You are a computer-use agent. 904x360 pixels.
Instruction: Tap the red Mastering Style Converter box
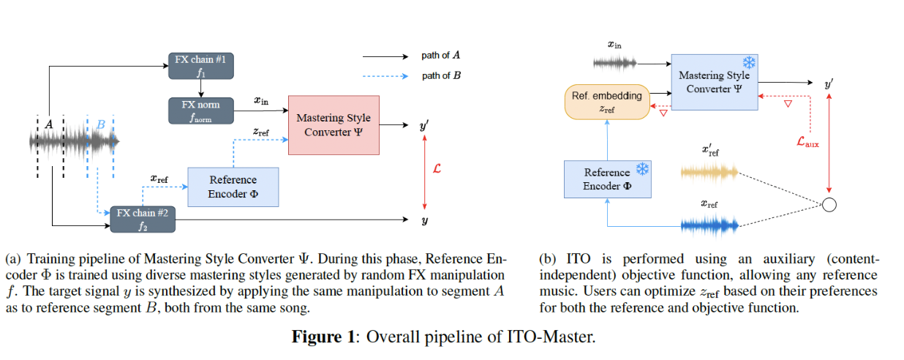pyautogui.click(x=334, y=124)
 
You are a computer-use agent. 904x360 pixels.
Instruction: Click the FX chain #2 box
pyautogui.click(x=143, y=220)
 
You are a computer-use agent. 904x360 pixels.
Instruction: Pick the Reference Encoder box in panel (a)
pyautogui.click(x=233, y=187)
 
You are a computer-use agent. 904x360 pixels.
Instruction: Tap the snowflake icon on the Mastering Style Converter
pyautogui.click(x=748, y=62)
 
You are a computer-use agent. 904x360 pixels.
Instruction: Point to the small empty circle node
pyautogui.click(x=829, y=205)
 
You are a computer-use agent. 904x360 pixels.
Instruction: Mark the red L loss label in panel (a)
pyautogui.click(x=437, y=169)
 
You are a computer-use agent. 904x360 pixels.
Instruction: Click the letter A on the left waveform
pyautogui.click(x=48, y=124)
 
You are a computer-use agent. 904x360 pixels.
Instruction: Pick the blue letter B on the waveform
pyautogui.click(x=101, y=124)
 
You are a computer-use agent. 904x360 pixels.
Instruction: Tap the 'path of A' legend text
pyautogui.click(x=440, y=55)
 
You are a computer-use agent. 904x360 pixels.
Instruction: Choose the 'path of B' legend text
pyautogui.click(x=440, y=75)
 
